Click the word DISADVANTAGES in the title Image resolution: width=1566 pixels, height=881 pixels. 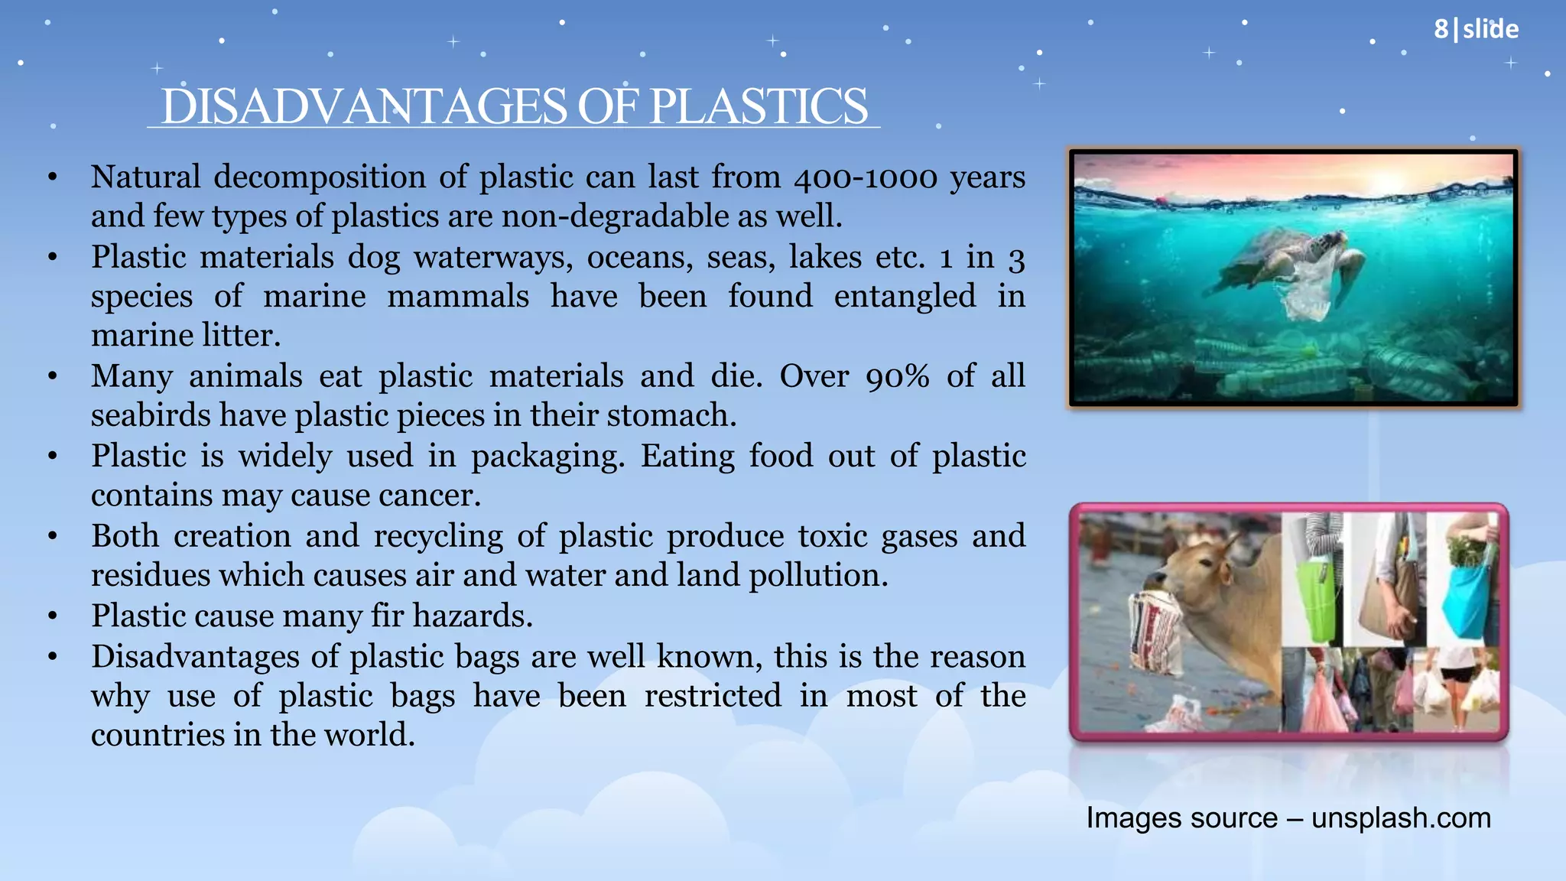(x=364, y=106)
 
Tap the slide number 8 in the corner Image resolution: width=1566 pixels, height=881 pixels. (x=1441, y=29)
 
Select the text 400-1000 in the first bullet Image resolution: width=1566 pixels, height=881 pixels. (x=865, y=177)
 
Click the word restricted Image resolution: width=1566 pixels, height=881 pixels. (x=712, y=696)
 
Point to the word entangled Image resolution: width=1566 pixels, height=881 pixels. (x=905, y=297)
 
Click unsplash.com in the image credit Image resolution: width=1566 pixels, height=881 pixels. (x=1401, y=818)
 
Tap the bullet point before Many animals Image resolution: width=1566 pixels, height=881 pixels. (x=52, y=377)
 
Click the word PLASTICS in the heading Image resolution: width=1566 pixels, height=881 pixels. (x=759, y=106)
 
